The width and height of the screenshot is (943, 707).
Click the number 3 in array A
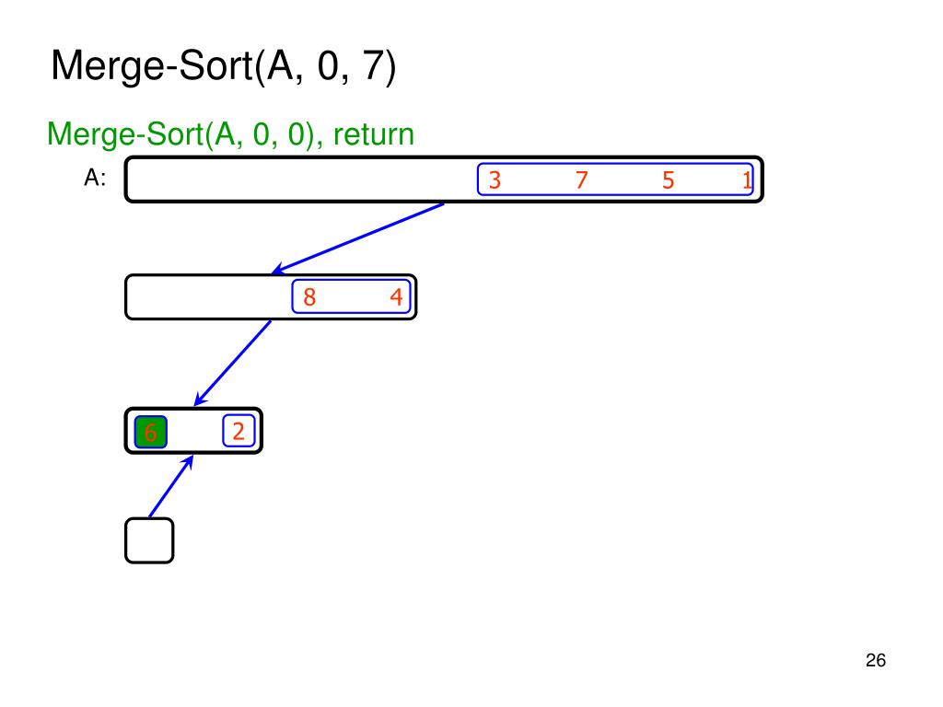click(x=495, y=180)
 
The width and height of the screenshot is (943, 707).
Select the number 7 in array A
click(x=581, y=180)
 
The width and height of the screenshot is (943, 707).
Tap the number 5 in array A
click(x=668, y=180)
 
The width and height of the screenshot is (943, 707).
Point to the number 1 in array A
click(x=747, y=181)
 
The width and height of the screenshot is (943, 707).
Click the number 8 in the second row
click(x=309, y=297)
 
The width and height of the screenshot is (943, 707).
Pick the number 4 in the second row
click(x=396, y=297)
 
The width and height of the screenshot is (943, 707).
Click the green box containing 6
click(x=150, y=432)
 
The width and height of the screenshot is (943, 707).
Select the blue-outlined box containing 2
click(x=238, y=431)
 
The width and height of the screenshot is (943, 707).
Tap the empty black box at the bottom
click(x=149, y=540)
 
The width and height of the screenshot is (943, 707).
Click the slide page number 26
click(x=875, y=661)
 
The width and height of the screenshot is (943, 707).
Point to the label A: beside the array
click(x=95, y=180)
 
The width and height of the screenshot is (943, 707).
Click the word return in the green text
click(x=374, y=134)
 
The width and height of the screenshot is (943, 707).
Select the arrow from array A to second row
click(x=359, y=238)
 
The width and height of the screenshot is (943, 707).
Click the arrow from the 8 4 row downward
click(x=233, y=363)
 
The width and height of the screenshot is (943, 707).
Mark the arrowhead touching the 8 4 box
click(x=277, y=271)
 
